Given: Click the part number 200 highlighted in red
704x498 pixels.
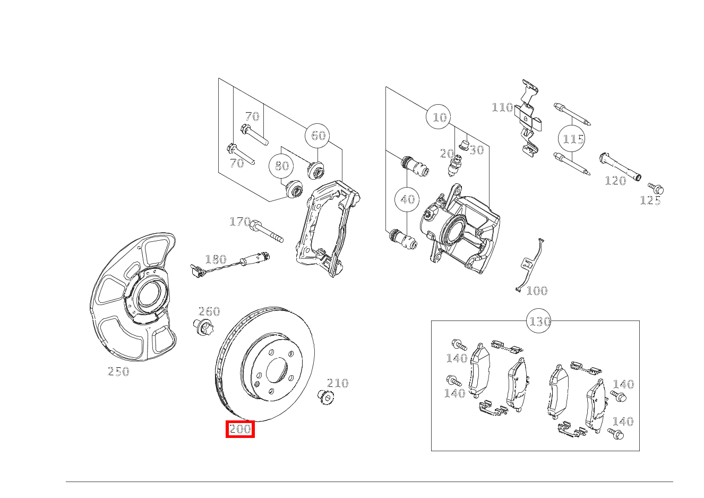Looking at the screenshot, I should pyautogui.click(x=240, y=429).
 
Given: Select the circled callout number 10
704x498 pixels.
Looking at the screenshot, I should pyautogui.click(x=439, y=117).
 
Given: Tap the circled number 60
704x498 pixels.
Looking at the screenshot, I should pyautogui.click(x=317, y=136).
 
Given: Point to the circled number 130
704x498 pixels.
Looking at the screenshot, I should pyautogui.click(x=539, y=322).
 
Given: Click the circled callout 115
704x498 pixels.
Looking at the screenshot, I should pyautogui.click(x=573, y=139).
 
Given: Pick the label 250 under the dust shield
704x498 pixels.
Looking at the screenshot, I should pyautogui.click(x=118, y=372).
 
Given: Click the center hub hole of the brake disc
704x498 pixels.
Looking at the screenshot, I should pyautogui.click(x=276, y=369).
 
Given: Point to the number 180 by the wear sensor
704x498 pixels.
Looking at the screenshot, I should pyautogui.click(x=216, y=260).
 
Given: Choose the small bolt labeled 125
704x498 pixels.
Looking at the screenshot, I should pyautogui.click(x=656, y=188).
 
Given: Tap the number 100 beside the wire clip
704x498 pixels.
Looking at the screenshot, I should pyautogui.click(x=536, y=291).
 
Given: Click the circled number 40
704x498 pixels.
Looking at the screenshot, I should pyautogui.click(x=407, y=199).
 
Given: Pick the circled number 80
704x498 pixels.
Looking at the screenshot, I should pyautogui.click(x=281, y=166).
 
